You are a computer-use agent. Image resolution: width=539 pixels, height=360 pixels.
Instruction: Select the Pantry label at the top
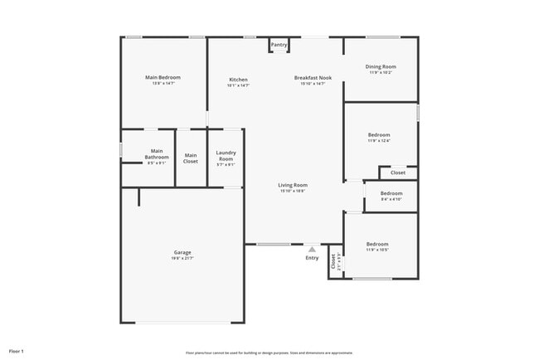click(x=279, y=45)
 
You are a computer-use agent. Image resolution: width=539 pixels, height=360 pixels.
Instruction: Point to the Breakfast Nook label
click(x=313, y=78)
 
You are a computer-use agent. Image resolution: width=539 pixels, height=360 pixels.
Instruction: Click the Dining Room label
click(x=381, y=66)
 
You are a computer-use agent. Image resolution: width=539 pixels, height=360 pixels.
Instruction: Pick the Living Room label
click(x=293, y=185)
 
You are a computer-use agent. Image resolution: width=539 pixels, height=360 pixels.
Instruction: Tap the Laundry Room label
click(x=226, y=155)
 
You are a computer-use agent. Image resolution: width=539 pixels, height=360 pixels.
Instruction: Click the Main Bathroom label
click(x=157, y=154)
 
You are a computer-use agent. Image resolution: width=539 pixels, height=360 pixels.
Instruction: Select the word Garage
click(x=182, y=252)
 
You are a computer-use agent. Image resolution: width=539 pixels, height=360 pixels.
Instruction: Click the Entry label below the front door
click(x=312, y=258)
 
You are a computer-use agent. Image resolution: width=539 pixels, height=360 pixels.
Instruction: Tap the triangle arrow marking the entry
click(x=312, y=249)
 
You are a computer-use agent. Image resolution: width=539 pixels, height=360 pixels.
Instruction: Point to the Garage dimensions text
click(x=182, y=259)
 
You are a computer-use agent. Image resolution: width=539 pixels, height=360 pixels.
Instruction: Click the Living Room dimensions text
click(x=293, y=192)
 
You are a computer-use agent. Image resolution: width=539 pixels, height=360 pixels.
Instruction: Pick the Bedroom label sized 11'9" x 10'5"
click(x=377, y=244)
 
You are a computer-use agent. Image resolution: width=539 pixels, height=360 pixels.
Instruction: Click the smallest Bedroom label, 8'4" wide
click(x=391, y=193)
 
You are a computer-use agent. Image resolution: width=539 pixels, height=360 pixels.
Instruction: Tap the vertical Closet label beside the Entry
click(x=333, y=262)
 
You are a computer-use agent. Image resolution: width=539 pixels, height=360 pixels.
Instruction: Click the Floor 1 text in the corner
click(x=17, y=351)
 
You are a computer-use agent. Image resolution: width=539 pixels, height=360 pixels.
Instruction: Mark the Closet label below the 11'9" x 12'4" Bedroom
click(x=398, y=173)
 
